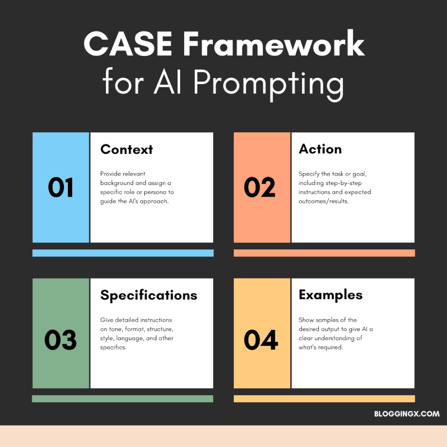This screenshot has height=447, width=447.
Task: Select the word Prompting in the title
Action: click(268, 83)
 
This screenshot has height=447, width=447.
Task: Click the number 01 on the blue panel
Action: click(61, 188)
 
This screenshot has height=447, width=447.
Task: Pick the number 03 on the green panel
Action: click(61, 340)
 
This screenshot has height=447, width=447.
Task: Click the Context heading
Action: click(127, 149)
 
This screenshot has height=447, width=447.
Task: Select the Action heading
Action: click(320, 149)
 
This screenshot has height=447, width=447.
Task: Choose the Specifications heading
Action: click(148, 295)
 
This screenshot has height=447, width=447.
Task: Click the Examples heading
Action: click(330, 295)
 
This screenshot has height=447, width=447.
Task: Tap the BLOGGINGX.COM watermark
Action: click(407, 414)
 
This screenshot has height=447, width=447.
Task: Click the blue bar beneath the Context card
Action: click(123, 253)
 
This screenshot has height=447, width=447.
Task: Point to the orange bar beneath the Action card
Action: click(324, 253)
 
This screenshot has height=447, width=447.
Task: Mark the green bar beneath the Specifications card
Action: click(122, 399)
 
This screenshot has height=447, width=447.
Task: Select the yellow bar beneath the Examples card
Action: click(324, 399)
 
